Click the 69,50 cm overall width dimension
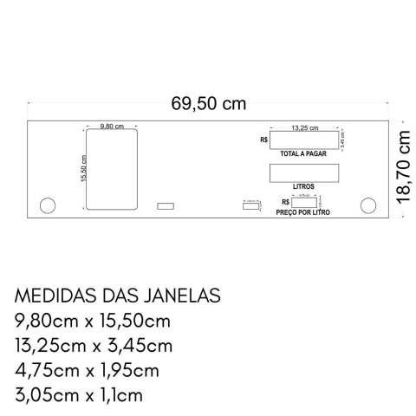208,105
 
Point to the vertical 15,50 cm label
83,169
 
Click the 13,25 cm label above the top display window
303,127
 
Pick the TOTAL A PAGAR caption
303,153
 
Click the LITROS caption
303,185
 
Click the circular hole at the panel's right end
367,205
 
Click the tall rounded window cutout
112,169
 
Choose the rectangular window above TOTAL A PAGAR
303,140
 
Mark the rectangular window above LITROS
303,172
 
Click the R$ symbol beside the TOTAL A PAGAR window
263,140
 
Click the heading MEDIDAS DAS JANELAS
118,296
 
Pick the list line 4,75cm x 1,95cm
88,371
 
